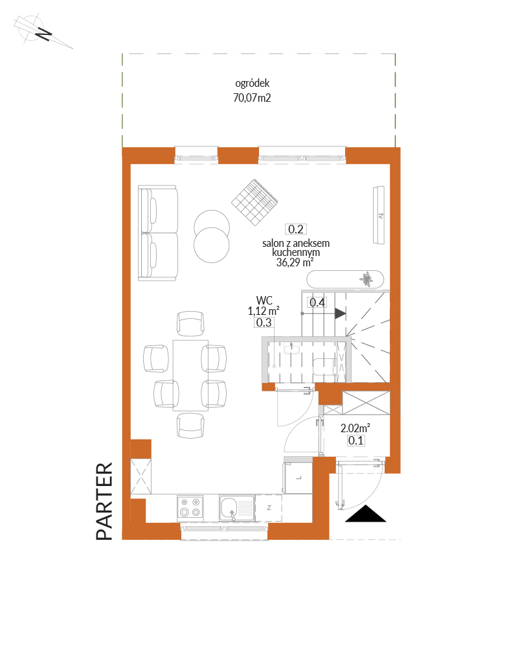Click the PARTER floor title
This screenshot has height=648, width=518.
pyautogui.click(x=104, y=501)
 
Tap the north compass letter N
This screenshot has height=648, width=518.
pyautogui.click(x=43, y=34)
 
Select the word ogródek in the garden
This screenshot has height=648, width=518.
pyautogui.click(x=252, y=84)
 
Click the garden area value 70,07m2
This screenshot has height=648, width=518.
pyautogui.click(x=252, y=98)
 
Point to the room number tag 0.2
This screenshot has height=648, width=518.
pyautogui.click(x=296, y=229)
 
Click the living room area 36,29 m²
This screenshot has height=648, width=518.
pyautogui.click(x=295, y=262)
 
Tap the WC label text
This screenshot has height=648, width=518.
pyautogui.click(x=264, y=300)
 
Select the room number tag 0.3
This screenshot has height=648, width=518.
pyautogui.click(x=264, y=322)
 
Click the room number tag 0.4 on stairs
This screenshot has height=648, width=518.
pyautogui.click(x=317, y=302)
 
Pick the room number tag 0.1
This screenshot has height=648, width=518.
pyautogui.click(x=355, y=441)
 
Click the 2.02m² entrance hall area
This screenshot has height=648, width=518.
pyautogui.click(x=355, y=428)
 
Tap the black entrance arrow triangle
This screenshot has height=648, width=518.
pyautogui.click(x=366, y=514)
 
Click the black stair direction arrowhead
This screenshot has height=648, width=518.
pyautogui.click(x=340, y=313)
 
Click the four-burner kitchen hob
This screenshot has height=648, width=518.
pyautogui.click(x=190, y=507)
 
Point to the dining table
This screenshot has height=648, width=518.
pyautogui.click(x=190, y=375)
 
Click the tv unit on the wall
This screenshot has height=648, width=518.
pyautogui.click(x=379, y=215)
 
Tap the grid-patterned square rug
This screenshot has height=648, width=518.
pyautogui.click(x=254, y=202)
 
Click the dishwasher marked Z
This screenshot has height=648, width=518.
pyautogui.click(x=269, y=508)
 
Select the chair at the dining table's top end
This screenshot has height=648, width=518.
pyautogui.click(x=190, y=323)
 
